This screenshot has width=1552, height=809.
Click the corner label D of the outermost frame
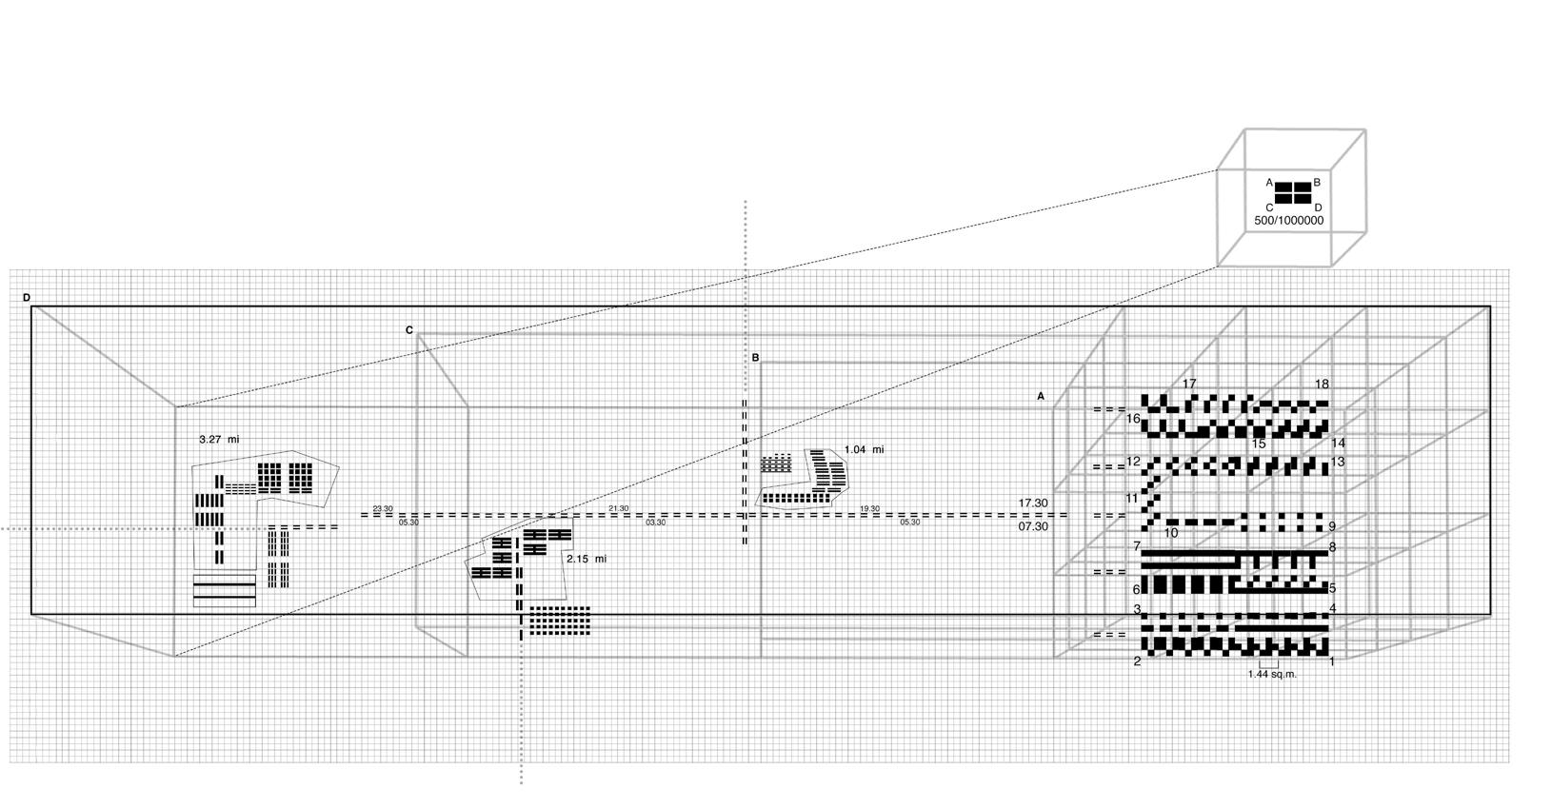click(x=27, y=298)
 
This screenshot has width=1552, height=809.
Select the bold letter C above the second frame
click(x=409, y=330)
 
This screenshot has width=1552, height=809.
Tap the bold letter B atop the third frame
click(x=755, y=358)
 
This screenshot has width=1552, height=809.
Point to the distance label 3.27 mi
click(x=218, y=440)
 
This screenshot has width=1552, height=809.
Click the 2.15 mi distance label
click(x=586, y=559)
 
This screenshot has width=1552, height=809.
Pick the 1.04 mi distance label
click(x=864, y=449)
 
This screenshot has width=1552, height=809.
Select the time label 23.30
click(x=383, y=509)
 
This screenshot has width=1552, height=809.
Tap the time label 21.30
click(x=618, y=509)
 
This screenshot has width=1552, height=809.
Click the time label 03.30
click(x=656, y=523)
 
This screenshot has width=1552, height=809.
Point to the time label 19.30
click(x=869, y=509)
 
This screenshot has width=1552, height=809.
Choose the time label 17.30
click(x=1033, y=503)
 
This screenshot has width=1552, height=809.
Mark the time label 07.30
click(x=1033, y=526)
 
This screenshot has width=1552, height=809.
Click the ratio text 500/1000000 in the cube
click(x=1288, y=221)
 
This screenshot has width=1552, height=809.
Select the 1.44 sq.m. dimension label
click(x=1272, y=674)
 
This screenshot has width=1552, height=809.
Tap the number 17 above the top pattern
click(x=1189, y=384)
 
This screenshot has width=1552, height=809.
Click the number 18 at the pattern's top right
click(x=1322, y=384)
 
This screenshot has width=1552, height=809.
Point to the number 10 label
click(x=1171, y=533)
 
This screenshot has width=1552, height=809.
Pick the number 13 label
click(x=1338, y=462)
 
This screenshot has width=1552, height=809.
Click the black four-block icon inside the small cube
click(x=1291, y=193)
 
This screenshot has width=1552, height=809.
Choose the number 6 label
click(x=1137, y=590)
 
